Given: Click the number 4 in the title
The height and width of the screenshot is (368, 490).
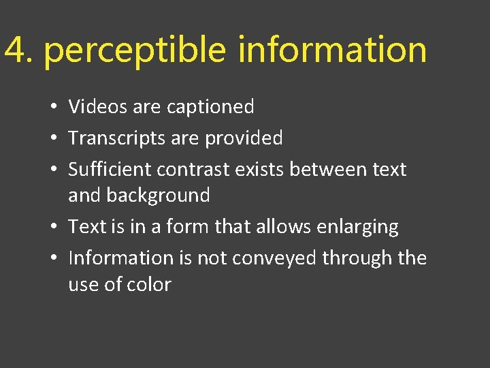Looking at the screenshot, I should pos(15,50).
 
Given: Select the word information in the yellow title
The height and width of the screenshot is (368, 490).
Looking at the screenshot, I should pos(332,50).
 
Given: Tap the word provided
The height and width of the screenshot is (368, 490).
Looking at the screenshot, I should pos(244,138).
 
